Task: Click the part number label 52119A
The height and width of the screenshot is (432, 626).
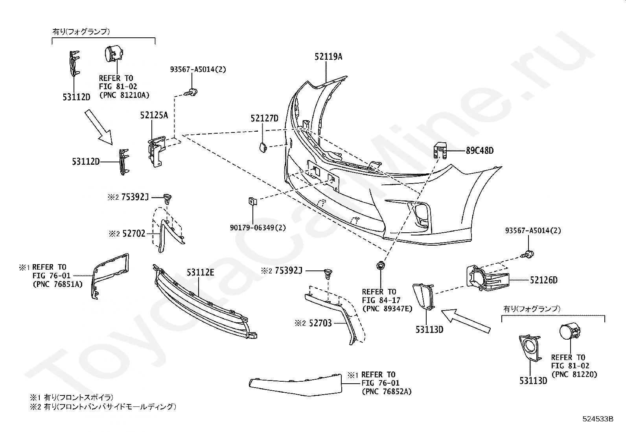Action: pyautogui.click(x=328, y=57)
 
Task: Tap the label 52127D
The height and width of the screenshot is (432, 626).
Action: pyautogui.click(x=264, y=118)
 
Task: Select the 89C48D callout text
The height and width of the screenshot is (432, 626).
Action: pyautogui.click(x=480, y=151)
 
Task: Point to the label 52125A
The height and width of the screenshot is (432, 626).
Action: pyautogui.click(x=154, y=115)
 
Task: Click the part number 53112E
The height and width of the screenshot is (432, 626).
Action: pyautogui.click(x=201, y=272)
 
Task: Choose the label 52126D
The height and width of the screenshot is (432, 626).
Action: pyautogui.click(x=544, y=280)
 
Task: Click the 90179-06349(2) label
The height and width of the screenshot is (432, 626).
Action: pyautogui.click(x=258, y=228)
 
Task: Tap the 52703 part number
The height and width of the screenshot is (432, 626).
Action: pyautogui.click(x=320, y=323)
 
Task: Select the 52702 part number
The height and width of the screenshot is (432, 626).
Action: pyautogui.click(x=134, y=233)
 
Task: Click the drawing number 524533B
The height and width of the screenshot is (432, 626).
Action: pyautogui.click(x=598, y=419)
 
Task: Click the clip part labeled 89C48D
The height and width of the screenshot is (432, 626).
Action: pyautogui.click(x=440, y=150)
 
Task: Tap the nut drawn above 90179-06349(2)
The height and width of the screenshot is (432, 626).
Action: pyautogui.click(x=252, y=201)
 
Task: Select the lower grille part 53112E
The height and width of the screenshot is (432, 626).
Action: pyautogui.click(x=204, y=302)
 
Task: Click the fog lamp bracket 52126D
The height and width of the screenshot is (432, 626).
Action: pyautogui.click(x=488, y=278)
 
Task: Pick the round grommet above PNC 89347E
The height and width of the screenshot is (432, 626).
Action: pyautogui.click(x=380, y=265)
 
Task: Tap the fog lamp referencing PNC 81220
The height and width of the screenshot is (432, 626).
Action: pyautogui.click(x=569, y=332)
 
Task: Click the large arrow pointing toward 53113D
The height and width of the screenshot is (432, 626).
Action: pyautogui.click(x=466, y=321)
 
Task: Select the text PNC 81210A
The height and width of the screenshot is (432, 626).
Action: pyautogui.click(x=124, y=95)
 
